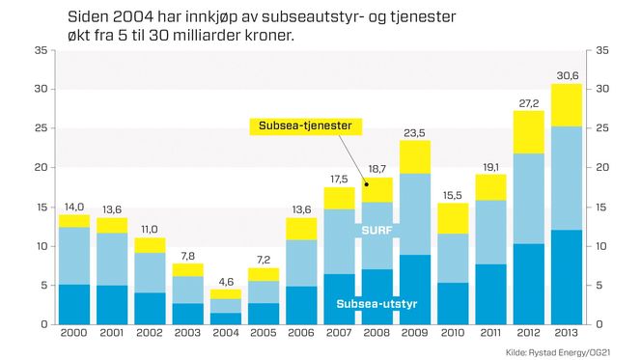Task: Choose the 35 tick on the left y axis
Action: point(41,50)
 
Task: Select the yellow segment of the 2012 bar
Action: point(528,132)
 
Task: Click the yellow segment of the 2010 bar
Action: point(452,218)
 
